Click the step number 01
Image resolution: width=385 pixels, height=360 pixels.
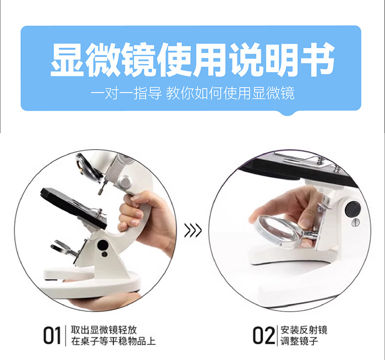click(x=51, y=336)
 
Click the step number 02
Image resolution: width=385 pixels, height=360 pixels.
click(x=264, y=336)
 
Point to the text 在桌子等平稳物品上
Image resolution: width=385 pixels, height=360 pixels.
click(x=113, y=341)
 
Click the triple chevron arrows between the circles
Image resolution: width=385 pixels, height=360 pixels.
click(x=193, y=230)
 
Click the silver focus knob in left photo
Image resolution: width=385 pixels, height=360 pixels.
click(x=125, y=183)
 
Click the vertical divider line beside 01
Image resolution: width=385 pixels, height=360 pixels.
click(x=65, y=336)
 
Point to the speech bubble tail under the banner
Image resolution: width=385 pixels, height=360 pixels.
click(x=290, y=113)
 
